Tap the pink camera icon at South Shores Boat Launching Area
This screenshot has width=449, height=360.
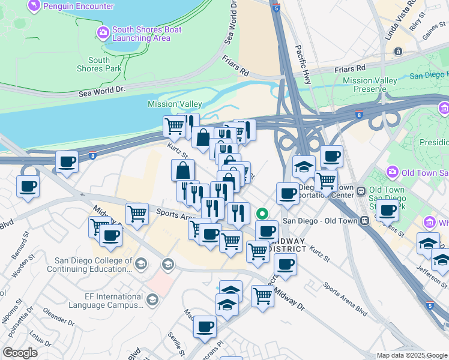pyautogui.click(x=103, y=31)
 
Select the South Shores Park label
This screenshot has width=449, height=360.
pyautogui.click(x=99, y=64)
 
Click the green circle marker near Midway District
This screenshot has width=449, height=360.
pyautogui.click(x=262, y=213)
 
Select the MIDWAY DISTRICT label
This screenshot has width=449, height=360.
pyautogui.click(x=286, y=245)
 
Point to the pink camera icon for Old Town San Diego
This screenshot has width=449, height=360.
pyautogui.click(x=393, y=172)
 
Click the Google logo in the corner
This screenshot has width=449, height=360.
pyautogui.click(x=20, y=353)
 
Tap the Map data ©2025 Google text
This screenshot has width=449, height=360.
pyautogui.click(x=412, y=355)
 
